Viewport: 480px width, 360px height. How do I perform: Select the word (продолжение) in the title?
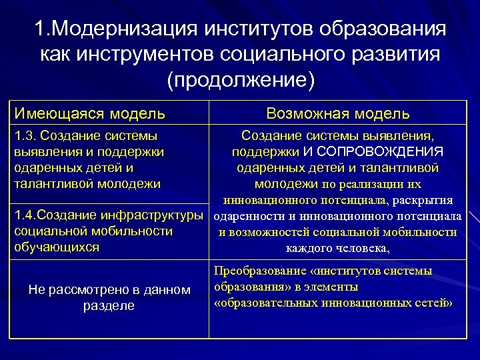click(x=240, y=79)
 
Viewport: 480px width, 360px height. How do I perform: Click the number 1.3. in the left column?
click(x=25, y=136)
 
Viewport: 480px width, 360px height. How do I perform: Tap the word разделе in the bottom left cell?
click(x=109, y=305)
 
